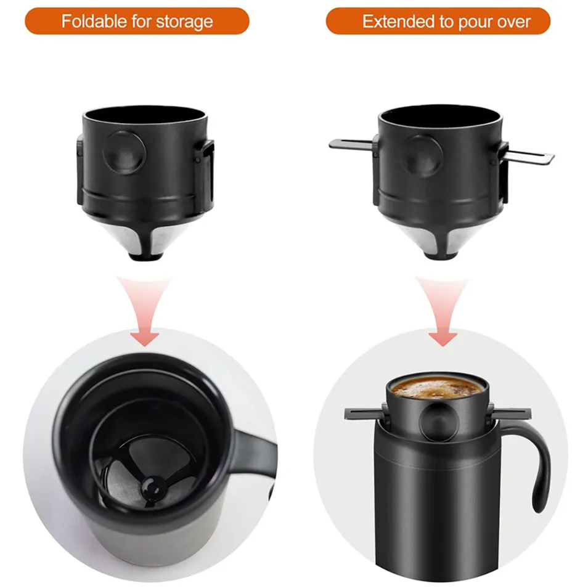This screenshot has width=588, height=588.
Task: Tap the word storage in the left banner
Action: tap(184, 22)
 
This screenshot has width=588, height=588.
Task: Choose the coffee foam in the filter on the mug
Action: tap(437, 387)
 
